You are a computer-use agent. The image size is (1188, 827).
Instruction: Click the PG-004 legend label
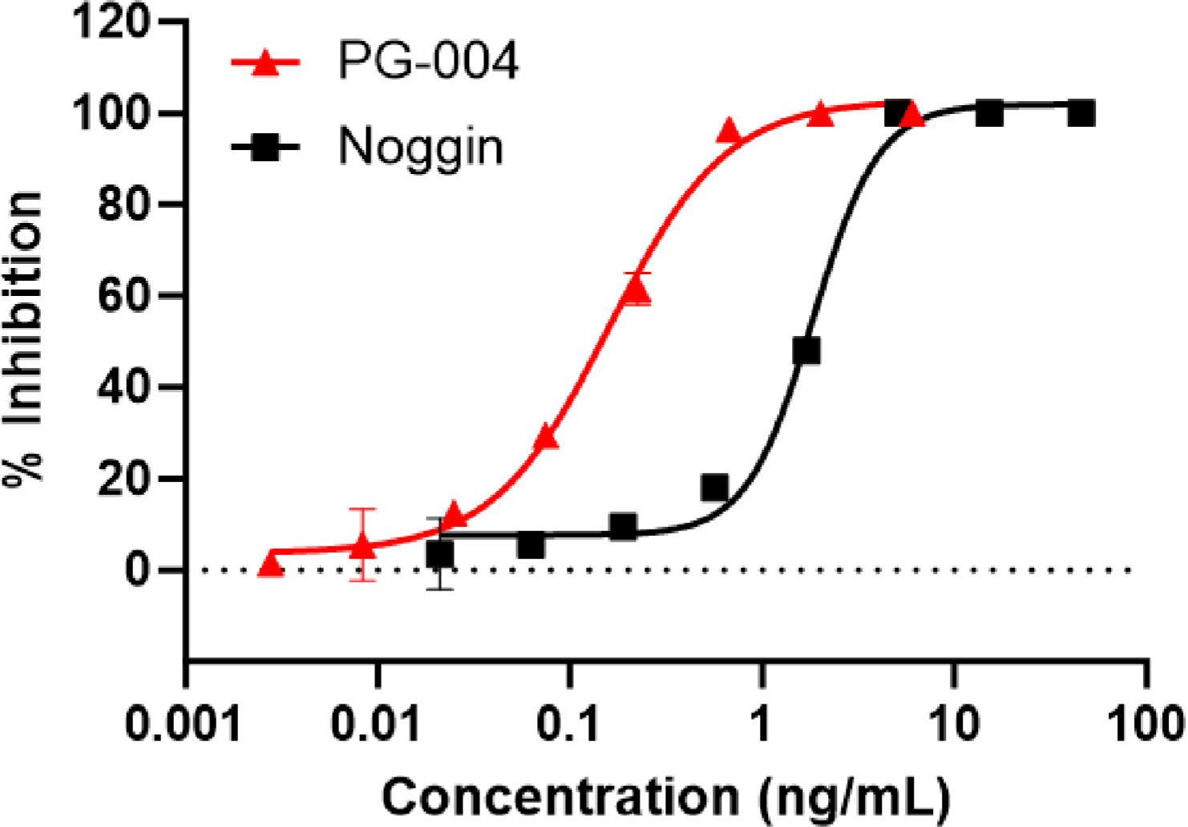(428, 61)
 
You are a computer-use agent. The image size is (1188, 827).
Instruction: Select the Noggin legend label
(421, 147)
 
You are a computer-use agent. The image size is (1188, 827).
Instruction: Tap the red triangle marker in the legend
(265, 63)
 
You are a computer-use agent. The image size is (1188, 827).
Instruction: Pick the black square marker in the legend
(265, 148)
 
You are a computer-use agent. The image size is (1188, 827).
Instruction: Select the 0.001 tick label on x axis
(184, 724)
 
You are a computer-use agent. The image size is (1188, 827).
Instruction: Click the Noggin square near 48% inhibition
(806, 351)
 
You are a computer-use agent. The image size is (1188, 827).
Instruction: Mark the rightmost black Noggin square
(1081, 113)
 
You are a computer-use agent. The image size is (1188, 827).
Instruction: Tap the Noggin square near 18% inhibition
(714, 487)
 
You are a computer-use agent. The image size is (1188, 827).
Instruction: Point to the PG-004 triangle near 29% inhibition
(546, 437)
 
